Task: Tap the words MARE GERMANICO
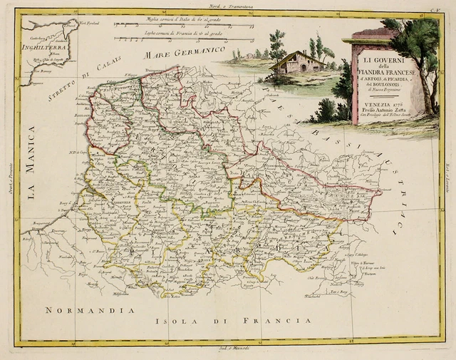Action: pyautogui.click(x=175, y=53)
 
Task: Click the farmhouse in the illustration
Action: pyautogui.click(x=299, y=62)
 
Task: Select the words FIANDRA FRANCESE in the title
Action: pyautogui.click(x=389, y=69)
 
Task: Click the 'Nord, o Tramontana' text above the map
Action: pyautogui.click(x=228, y=6)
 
